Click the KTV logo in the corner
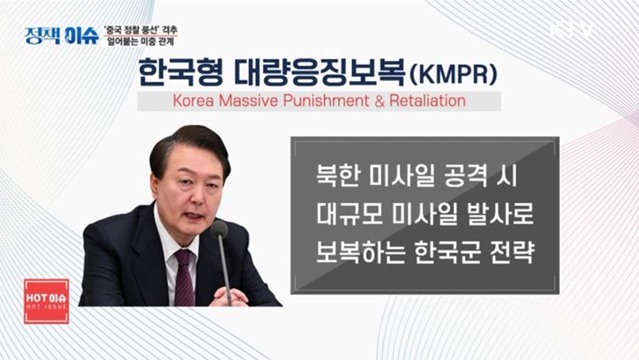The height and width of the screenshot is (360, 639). click(x=571, y=30)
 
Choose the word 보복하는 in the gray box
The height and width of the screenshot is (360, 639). click(x=359, y=252)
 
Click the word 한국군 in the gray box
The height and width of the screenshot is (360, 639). click(x=453, y=252)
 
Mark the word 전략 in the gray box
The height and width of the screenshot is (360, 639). click(x=512, y=252)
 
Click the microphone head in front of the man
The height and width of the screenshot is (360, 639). click(x=219, y=229)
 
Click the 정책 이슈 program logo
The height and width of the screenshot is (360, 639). click(x=62, y=35)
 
